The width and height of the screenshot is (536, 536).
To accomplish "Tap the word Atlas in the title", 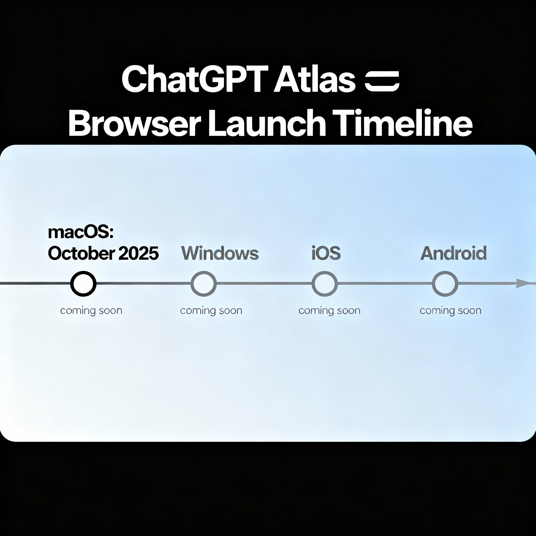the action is tap(315, 79).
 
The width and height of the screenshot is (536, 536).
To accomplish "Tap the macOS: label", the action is tap(81, 232).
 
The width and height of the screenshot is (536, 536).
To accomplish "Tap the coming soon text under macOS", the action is tap(91, 310).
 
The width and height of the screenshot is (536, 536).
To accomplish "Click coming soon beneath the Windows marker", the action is tap(211, 310).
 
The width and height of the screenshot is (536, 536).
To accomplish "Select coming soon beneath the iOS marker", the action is tap(329, 310).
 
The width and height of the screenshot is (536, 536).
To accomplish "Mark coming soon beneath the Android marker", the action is tap(450, 310).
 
